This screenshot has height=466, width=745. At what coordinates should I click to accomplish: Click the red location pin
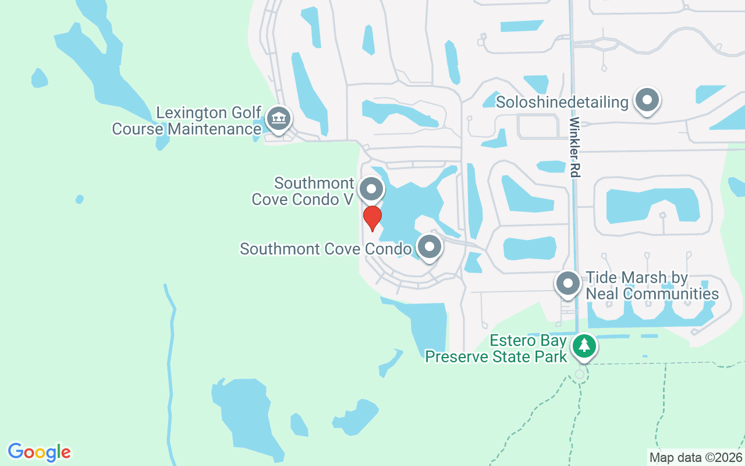[x=372, y=217]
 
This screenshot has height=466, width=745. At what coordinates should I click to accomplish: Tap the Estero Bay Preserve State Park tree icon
[x=584, y=346]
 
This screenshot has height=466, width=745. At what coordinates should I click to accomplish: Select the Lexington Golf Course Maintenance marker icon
[x=278, y=118]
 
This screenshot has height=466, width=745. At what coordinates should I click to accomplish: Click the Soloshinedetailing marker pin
[x=647, y=100]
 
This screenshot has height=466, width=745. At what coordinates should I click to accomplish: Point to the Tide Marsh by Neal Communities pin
[x=568, y=284]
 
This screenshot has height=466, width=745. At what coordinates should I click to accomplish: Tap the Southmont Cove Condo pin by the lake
[x=430, y=247]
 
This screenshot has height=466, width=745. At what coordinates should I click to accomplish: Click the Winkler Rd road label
[x=575, y=147]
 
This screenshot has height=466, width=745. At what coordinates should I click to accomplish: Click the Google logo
[x=39, y=452]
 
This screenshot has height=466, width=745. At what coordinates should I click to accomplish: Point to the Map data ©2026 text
[x=696, y=458]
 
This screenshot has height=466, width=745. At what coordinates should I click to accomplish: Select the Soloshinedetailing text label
[x=562, y=103]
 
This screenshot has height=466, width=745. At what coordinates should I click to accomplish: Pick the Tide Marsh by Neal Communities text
[x=652, y=285]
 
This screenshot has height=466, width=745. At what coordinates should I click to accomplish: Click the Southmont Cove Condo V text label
[x=303, y=191]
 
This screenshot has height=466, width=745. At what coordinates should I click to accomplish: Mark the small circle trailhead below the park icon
[x=580, y=375]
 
